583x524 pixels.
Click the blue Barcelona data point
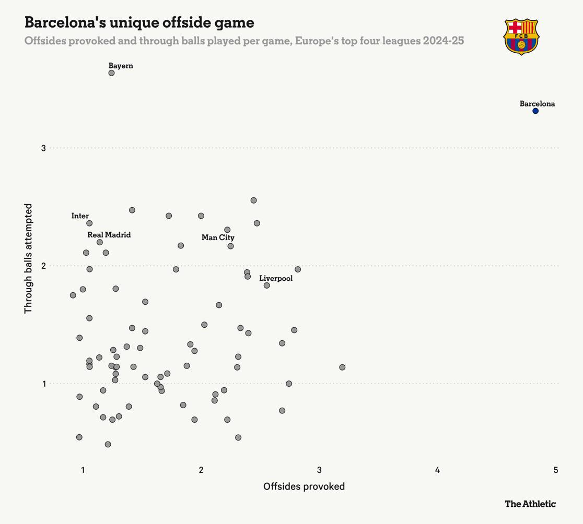tap(535, 111)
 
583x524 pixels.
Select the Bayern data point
tap(111, 73)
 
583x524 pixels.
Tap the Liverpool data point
tap(267, 285)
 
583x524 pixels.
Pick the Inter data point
tap(89, 223)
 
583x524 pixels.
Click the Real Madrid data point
tap(100, 242)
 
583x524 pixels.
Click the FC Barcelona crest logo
tap(521, 37)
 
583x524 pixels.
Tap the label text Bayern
tap(121, 66)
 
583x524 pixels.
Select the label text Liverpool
tap(276, 278)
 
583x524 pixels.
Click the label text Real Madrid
tap(109, 235)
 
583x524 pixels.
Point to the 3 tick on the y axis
tap(43, 148)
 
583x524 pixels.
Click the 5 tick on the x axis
tap(556, 470)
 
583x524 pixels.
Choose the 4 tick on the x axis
tap(437, 470)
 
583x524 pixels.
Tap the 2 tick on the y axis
tap(43, 266)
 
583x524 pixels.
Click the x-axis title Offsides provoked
tap(304, 486)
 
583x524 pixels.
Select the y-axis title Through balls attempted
tap(28, 258)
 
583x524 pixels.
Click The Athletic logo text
tap(530, 504)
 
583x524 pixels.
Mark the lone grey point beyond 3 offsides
tap(342, 367)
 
